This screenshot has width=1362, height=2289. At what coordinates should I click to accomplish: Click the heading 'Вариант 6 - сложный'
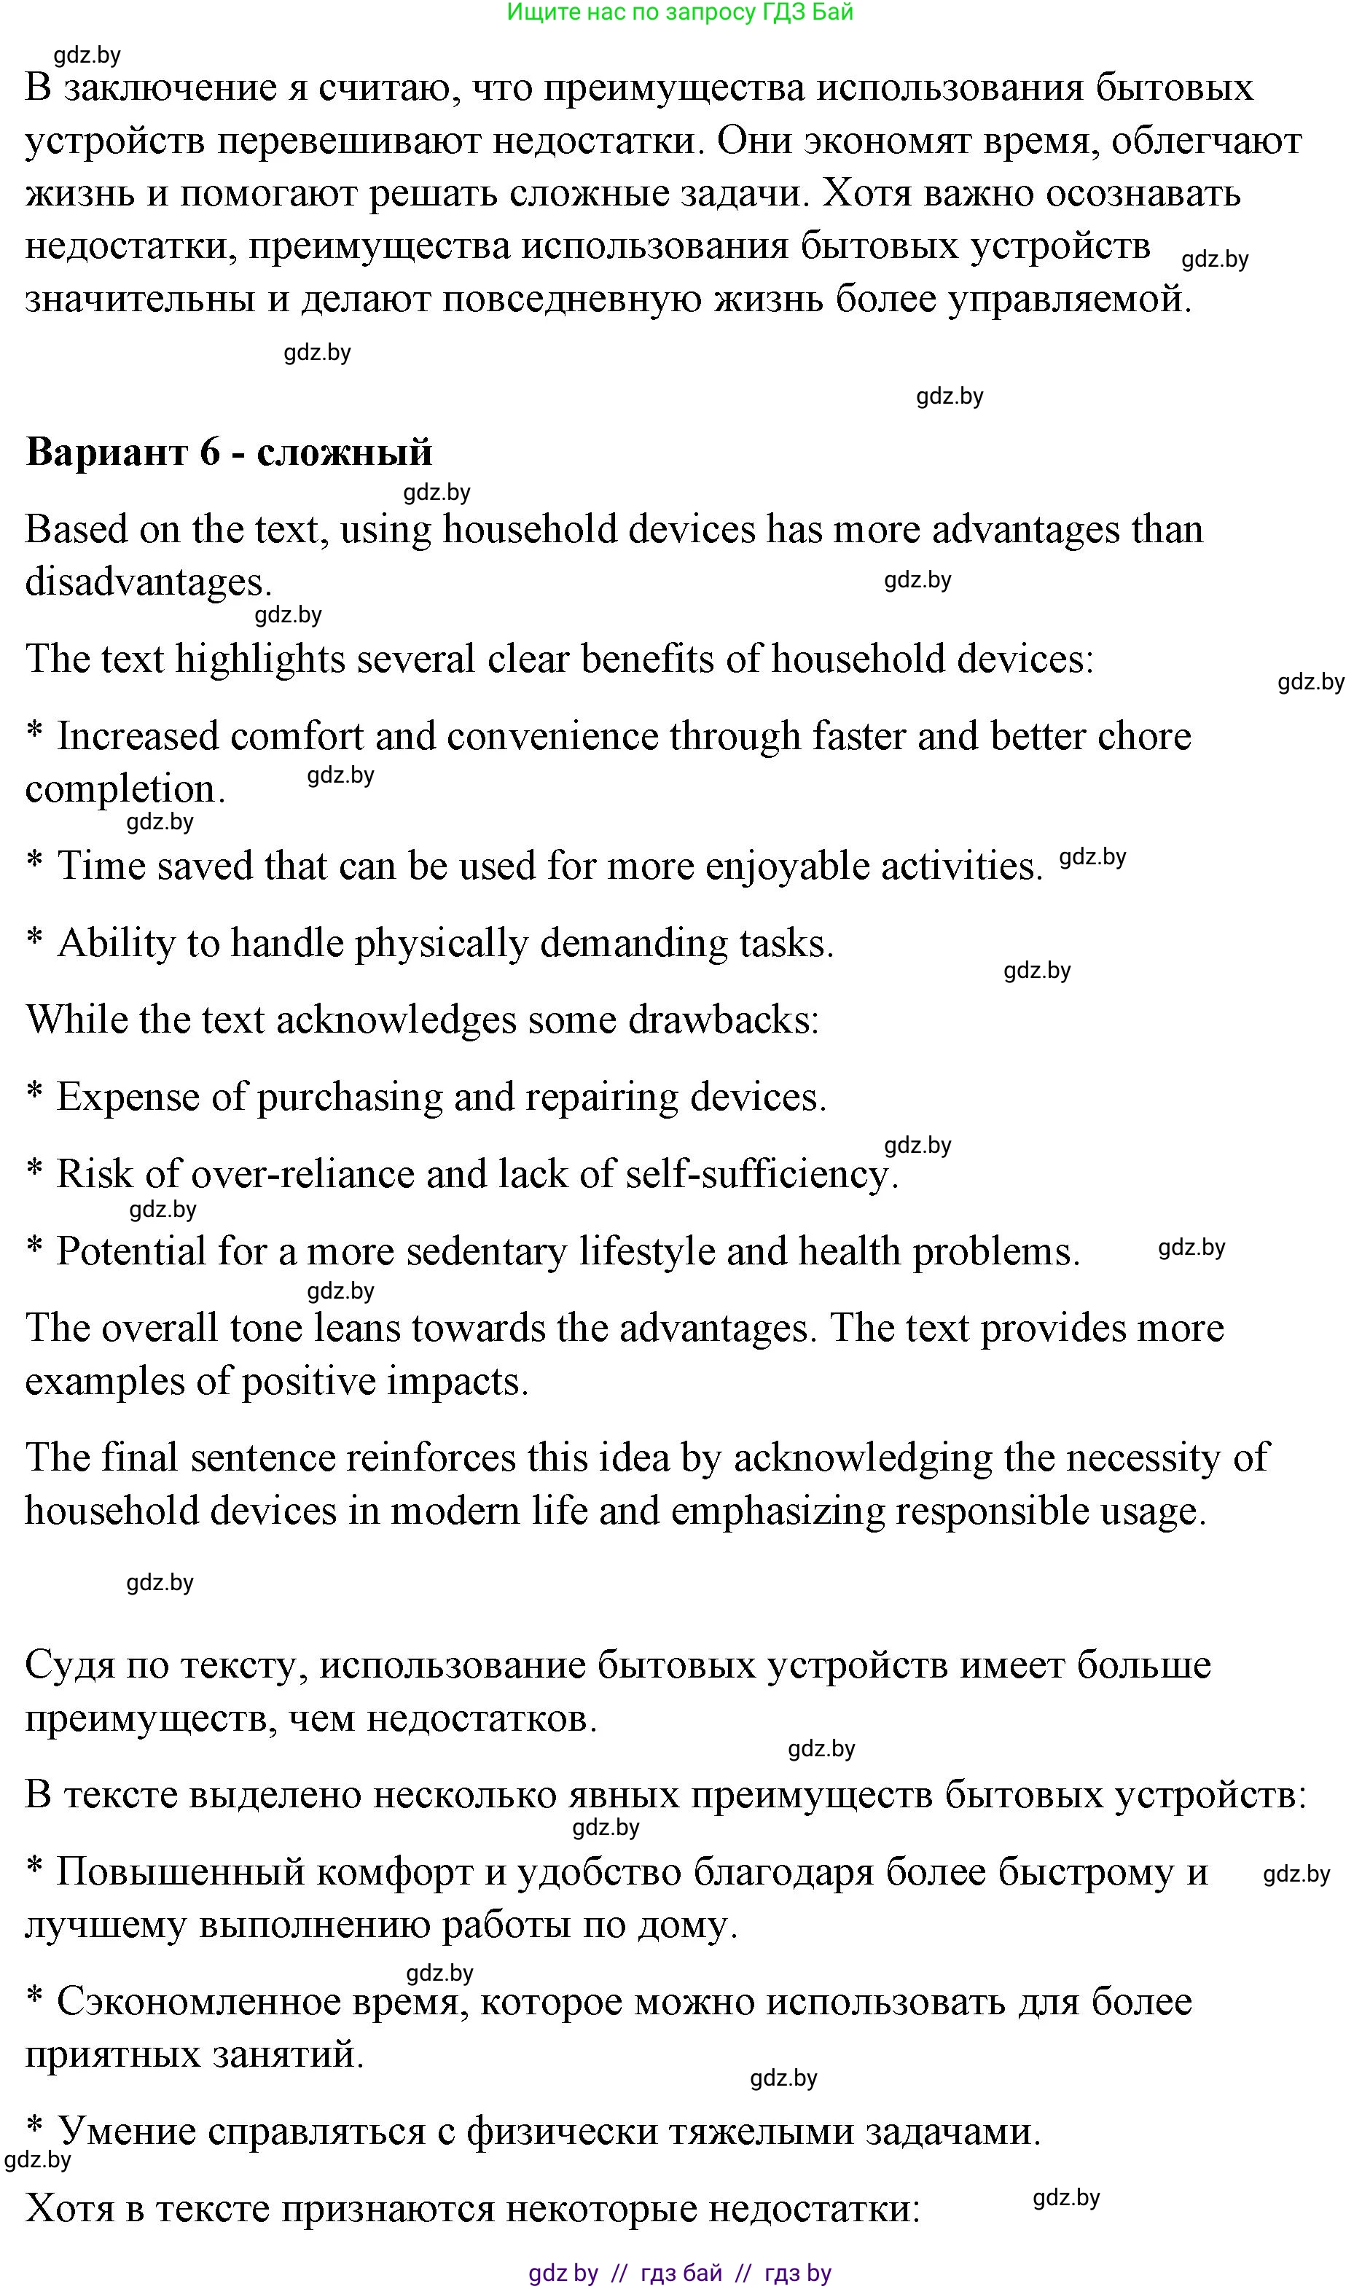click(x=229, y=452)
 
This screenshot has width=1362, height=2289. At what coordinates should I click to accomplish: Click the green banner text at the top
click(x=680, y=12)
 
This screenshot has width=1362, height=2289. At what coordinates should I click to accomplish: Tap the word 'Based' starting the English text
click(x=69, y=530)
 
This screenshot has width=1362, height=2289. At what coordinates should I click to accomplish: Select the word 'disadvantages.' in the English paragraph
click(x=148, y=582)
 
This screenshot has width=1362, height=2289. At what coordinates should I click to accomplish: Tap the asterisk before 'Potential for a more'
click(x=35, y=1248)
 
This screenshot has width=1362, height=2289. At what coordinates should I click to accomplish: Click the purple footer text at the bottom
click(x=680, y=2272)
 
